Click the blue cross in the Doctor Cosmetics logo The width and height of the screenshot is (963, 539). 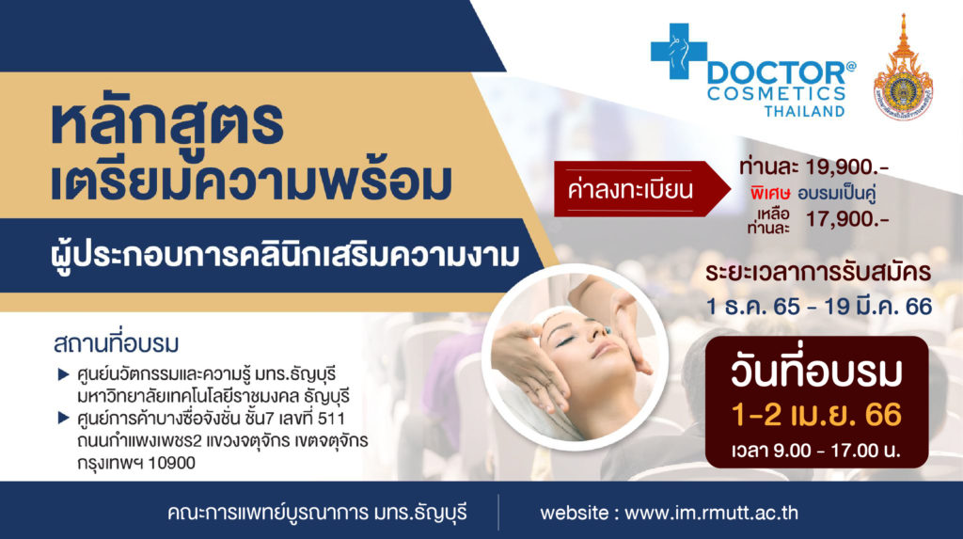click(x=678, y=52)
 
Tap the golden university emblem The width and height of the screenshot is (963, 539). click(x=903, y=68)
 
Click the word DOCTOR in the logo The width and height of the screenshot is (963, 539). click(x=776, y=73)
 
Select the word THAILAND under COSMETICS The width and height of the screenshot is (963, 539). click(x=805, y=111)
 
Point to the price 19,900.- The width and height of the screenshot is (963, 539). click(x=847, y=166)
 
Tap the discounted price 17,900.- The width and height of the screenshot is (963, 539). click(x=847, y=219)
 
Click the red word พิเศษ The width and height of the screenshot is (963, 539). click(x=770, y=194)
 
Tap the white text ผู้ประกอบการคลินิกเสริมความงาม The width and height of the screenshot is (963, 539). click(x=285, y=255)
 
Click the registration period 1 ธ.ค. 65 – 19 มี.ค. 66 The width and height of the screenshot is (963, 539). click(x=819, y=306)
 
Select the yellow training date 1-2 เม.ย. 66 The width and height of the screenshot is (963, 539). click(x=816, y=415)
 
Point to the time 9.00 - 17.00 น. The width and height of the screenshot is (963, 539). click(x=815, y=452)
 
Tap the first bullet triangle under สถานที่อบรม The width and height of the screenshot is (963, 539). click(x=63, y=374)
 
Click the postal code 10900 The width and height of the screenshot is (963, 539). click(x=171, y=464)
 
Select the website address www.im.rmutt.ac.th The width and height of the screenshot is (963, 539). click(x=711, y=514)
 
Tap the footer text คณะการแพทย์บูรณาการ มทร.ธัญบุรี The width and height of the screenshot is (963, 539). click(x=317, y=514)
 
